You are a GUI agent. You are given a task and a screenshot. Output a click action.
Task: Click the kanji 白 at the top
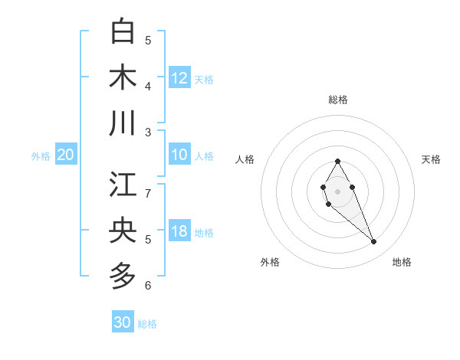tap(123, 31)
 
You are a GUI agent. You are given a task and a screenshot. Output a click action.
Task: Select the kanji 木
tap(123, 77)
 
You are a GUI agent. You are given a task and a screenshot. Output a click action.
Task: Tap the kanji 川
tap(123, 123)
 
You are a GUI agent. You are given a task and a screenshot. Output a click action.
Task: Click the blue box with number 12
tap(179, 77)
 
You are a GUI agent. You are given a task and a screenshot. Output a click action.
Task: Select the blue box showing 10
tap(179, 155)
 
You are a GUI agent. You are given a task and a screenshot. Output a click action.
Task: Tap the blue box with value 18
tap(179, 232)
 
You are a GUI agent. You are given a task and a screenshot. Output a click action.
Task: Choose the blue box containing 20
tap(65, 155)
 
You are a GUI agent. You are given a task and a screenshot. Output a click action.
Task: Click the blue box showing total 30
tap(123, 322)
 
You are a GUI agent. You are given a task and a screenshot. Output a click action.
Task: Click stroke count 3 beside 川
tap(148, 132)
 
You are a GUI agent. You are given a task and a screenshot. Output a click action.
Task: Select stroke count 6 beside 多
tap(148, 286)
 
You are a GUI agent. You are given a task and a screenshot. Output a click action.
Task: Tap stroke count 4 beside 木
tap(148, 86)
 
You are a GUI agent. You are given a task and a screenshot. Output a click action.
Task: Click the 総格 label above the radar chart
tap(337, 100)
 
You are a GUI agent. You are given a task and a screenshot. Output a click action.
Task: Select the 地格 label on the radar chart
tap(402, 263)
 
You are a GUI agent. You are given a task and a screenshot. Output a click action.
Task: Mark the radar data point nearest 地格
tap(373, 242)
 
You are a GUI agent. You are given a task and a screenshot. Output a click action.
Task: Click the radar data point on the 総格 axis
tap(337, 161)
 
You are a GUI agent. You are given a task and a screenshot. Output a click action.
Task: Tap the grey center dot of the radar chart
tap(337, 191)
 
